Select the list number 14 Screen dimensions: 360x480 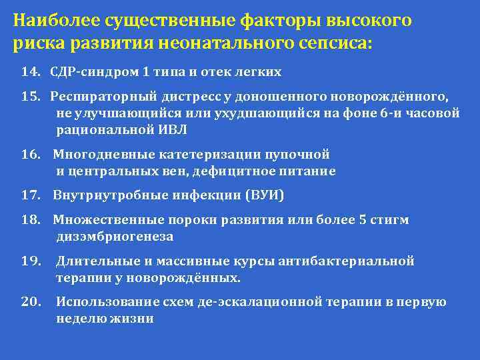pos(31,71)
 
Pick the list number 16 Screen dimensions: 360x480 pos(31,155)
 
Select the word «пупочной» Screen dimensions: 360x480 pos(298,155)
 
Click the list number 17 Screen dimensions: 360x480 pos(31,195)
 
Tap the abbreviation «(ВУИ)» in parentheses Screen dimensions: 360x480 pos(265,195)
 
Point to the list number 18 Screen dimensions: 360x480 pos(31,220)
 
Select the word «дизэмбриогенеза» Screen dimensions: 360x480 pos(115,236)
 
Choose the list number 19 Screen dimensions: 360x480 pos(31,261)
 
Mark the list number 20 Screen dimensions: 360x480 pos(31,302)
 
